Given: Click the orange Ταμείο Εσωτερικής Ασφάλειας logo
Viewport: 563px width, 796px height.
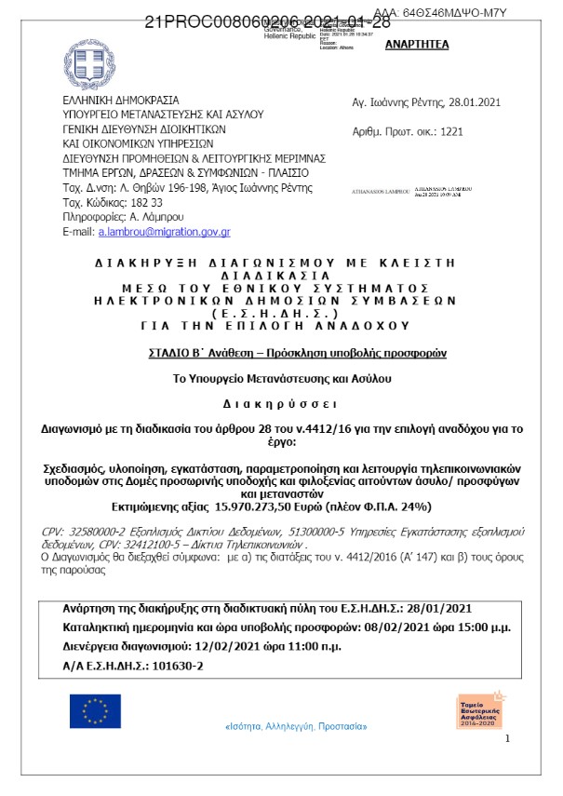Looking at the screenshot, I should point(478,710).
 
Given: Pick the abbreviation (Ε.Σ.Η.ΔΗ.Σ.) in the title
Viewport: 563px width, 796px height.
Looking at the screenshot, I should point(275,314).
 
